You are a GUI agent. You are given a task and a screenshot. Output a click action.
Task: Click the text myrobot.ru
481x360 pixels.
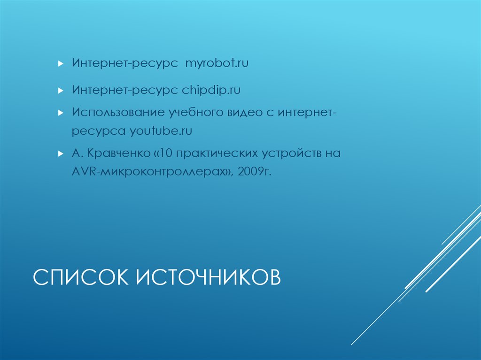[217, 63]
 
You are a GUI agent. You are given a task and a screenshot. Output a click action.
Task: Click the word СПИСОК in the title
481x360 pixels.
[82, 277]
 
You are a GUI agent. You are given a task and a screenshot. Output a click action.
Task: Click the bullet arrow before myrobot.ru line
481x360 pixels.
[60, 63]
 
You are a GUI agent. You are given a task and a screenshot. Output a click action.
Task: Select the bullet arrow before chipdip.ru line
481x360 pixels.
[60, 90]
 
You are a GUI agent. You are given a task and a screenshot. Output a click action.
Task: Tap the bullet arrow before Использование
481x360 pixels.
[60, 113]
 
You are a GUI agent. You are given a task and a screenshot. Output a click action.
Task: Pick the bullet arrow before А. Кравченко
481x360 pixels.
[60, 153]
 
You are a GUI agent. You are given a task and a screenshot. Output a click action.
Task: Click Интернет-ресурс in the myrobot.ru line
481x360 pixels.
[125, 63]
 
